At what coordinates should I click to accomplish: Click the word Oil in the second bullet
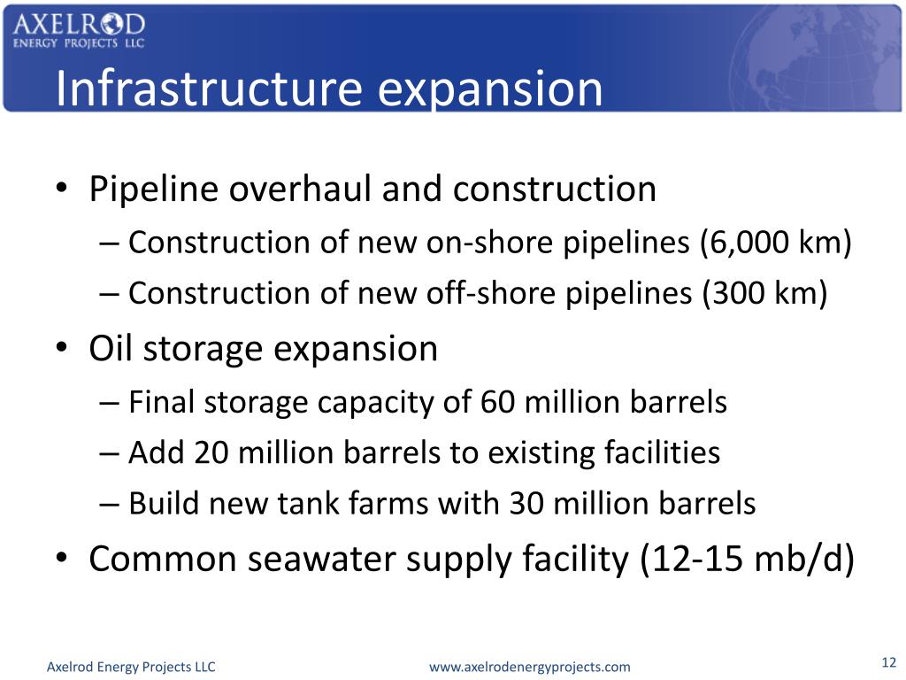(111, 348)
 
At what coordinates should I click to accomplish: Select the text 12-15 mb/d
(746, 560)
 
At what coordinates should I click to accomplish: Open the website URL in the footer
(529, 667)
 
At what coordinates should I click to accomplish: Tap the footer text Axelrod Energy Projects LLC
(131, 667)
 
